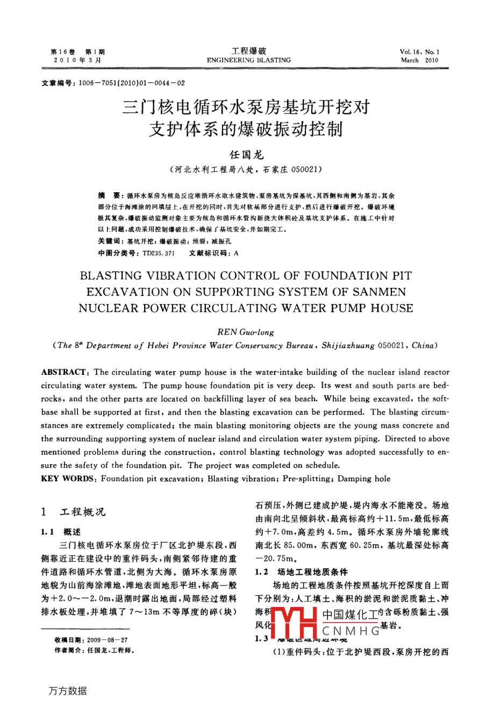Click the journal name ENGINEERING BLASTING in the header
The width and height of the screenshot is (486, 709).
pos(248,60)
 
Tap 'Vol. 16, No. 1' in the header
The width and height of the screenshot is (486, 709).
pos(419,52)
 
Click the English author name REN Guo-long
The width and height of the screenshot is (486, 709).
pos(245,332)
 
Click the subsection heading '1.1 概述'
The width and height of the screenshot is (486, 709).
pos(61,532)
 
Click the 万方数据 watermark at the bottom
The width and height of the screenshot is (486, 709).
pos(68,691)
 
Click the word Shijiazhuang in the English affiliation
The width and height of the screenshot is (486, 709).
pos(348,345)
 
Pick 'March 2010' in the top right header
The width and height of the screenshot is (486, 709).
pos(419,61)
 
